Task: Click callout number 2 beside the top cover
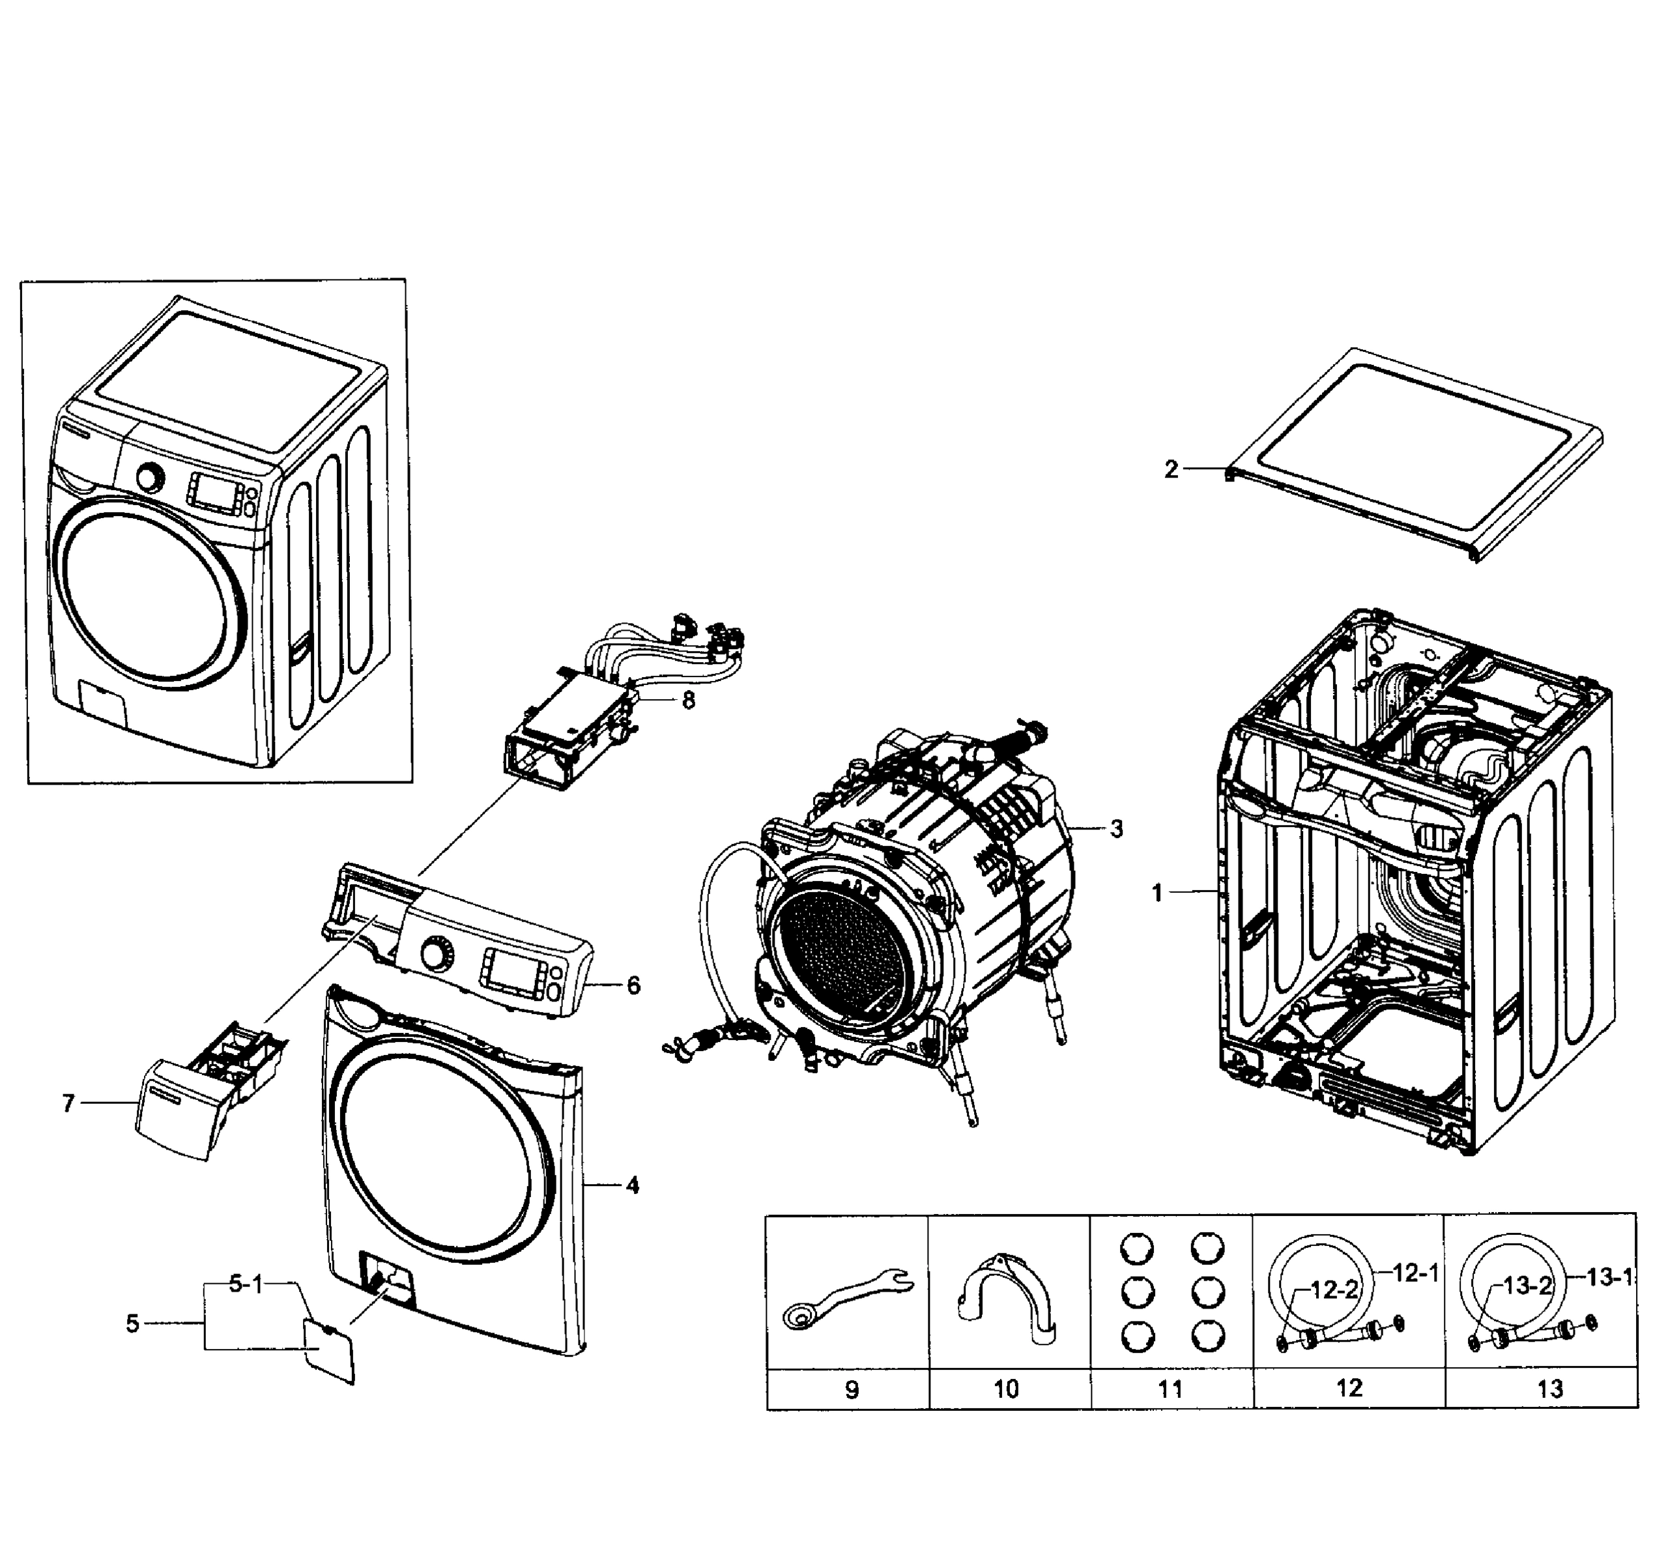[1171, 471]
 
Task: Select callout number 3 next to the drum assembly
[1116, 829]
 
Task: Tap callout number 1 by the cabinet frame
[1157, 893]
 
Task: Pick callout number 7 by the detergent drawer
[68, 1103]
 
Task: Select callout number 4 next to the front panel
[633, 1185]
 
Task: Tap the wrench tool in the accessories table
[847, 1296]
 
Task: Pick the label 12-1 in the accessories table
[1415, 1273]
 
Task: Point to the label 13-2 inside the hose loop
[1528, 1286]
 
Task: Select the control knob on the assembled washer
[150, 478]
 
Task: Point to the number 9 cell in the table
[851, 1389]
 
